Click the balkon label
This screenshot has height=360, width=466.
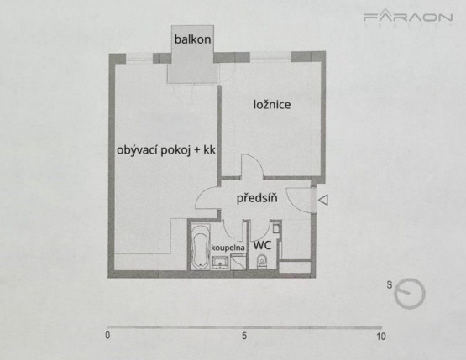pyautogui.click(x=192, y=39)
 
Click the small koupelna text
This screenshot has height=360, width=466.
pyautogui.click(x=228, y=248)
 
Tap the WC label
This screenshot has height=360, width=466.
pyautogui.click(x=262, y=245)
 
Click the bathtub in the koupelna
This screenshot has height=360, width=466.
pyautogui.click(x=200, y=248)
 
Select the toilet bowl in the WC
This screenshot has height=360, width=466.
pyautogui.click(x=263, y=263)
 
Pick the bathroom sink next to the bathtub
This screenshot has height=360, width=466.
pyautogui.click(x=221, y=263)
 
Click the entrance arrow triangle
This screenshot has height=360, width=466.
pyautogui.click(x=324, y=200)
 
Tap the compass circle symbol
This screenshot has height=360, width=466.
pyautogui.click(x=411, y=293)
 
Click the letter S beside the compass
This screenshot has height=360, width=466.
pyautogui.click(x=390, y=284)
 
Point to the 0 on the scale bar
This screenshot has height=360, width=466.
pyautogui.click(x=107, y=336)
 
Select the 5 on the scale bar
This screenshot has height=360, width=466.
pyautogui.click(x=244, y=336)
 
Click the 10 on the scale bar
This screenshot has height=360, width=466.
pyautogui.click(x=381, y=336)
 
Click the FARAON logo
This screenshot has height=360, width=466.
pyautogui.click(x=408, y=18)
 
